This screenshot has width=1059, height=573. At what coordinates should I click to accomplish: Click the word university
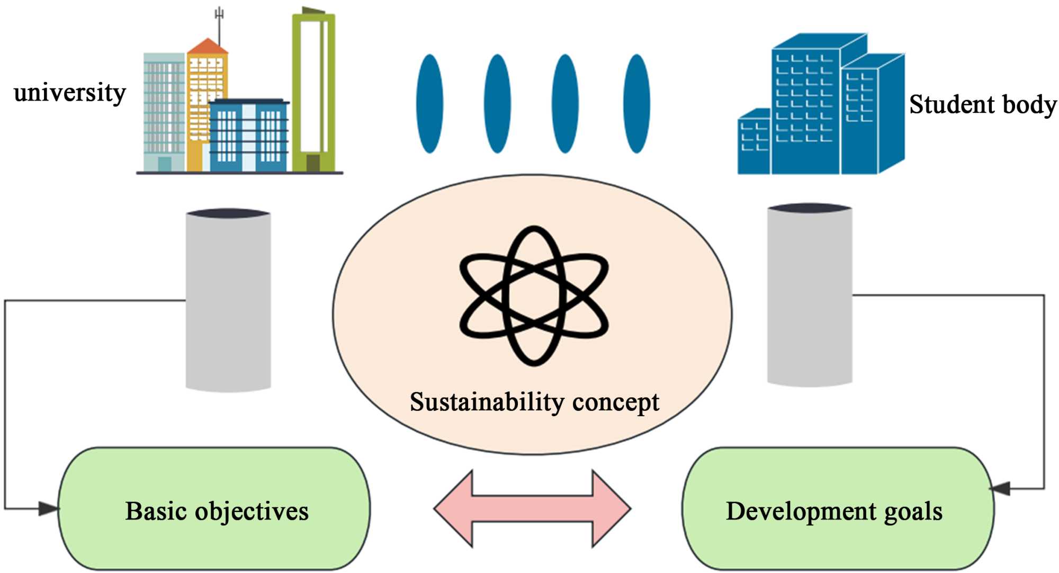coord(69,93)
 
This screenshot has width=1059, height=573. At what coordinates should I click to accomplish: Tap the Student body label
coord(982,104)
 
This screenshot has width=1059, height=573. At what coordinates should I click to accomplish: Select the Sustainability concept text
coord(534,402)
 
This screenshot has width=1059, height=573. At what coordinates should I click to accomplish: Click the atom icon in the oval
coord(534,296)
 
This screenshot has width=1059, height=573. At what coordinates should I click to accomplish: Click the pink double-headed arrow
coord(532,508)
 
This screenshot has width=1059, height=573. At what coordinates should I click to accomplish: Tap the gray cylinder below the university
coord(228,300)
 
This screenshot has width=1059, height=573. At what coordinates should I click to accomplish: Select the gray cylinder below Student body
coord(809,294)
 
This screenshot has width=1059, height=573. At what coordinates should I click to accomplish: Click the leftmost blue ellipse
coord(429,104)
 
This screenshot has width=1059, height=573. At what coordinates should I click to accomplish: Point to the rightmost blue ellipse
coord(636,104)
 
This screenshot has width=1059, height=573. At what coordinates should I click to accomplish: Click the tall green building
coord(313,93)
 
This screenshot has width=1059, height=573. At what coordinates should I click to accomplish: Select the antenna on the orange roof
coord(219,21)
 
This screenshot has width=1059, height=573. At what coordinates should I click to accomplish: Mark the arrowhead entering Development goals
coord(1001,488)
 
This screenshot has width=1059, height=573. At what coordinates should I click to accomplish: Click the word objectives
coord(252,512)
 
